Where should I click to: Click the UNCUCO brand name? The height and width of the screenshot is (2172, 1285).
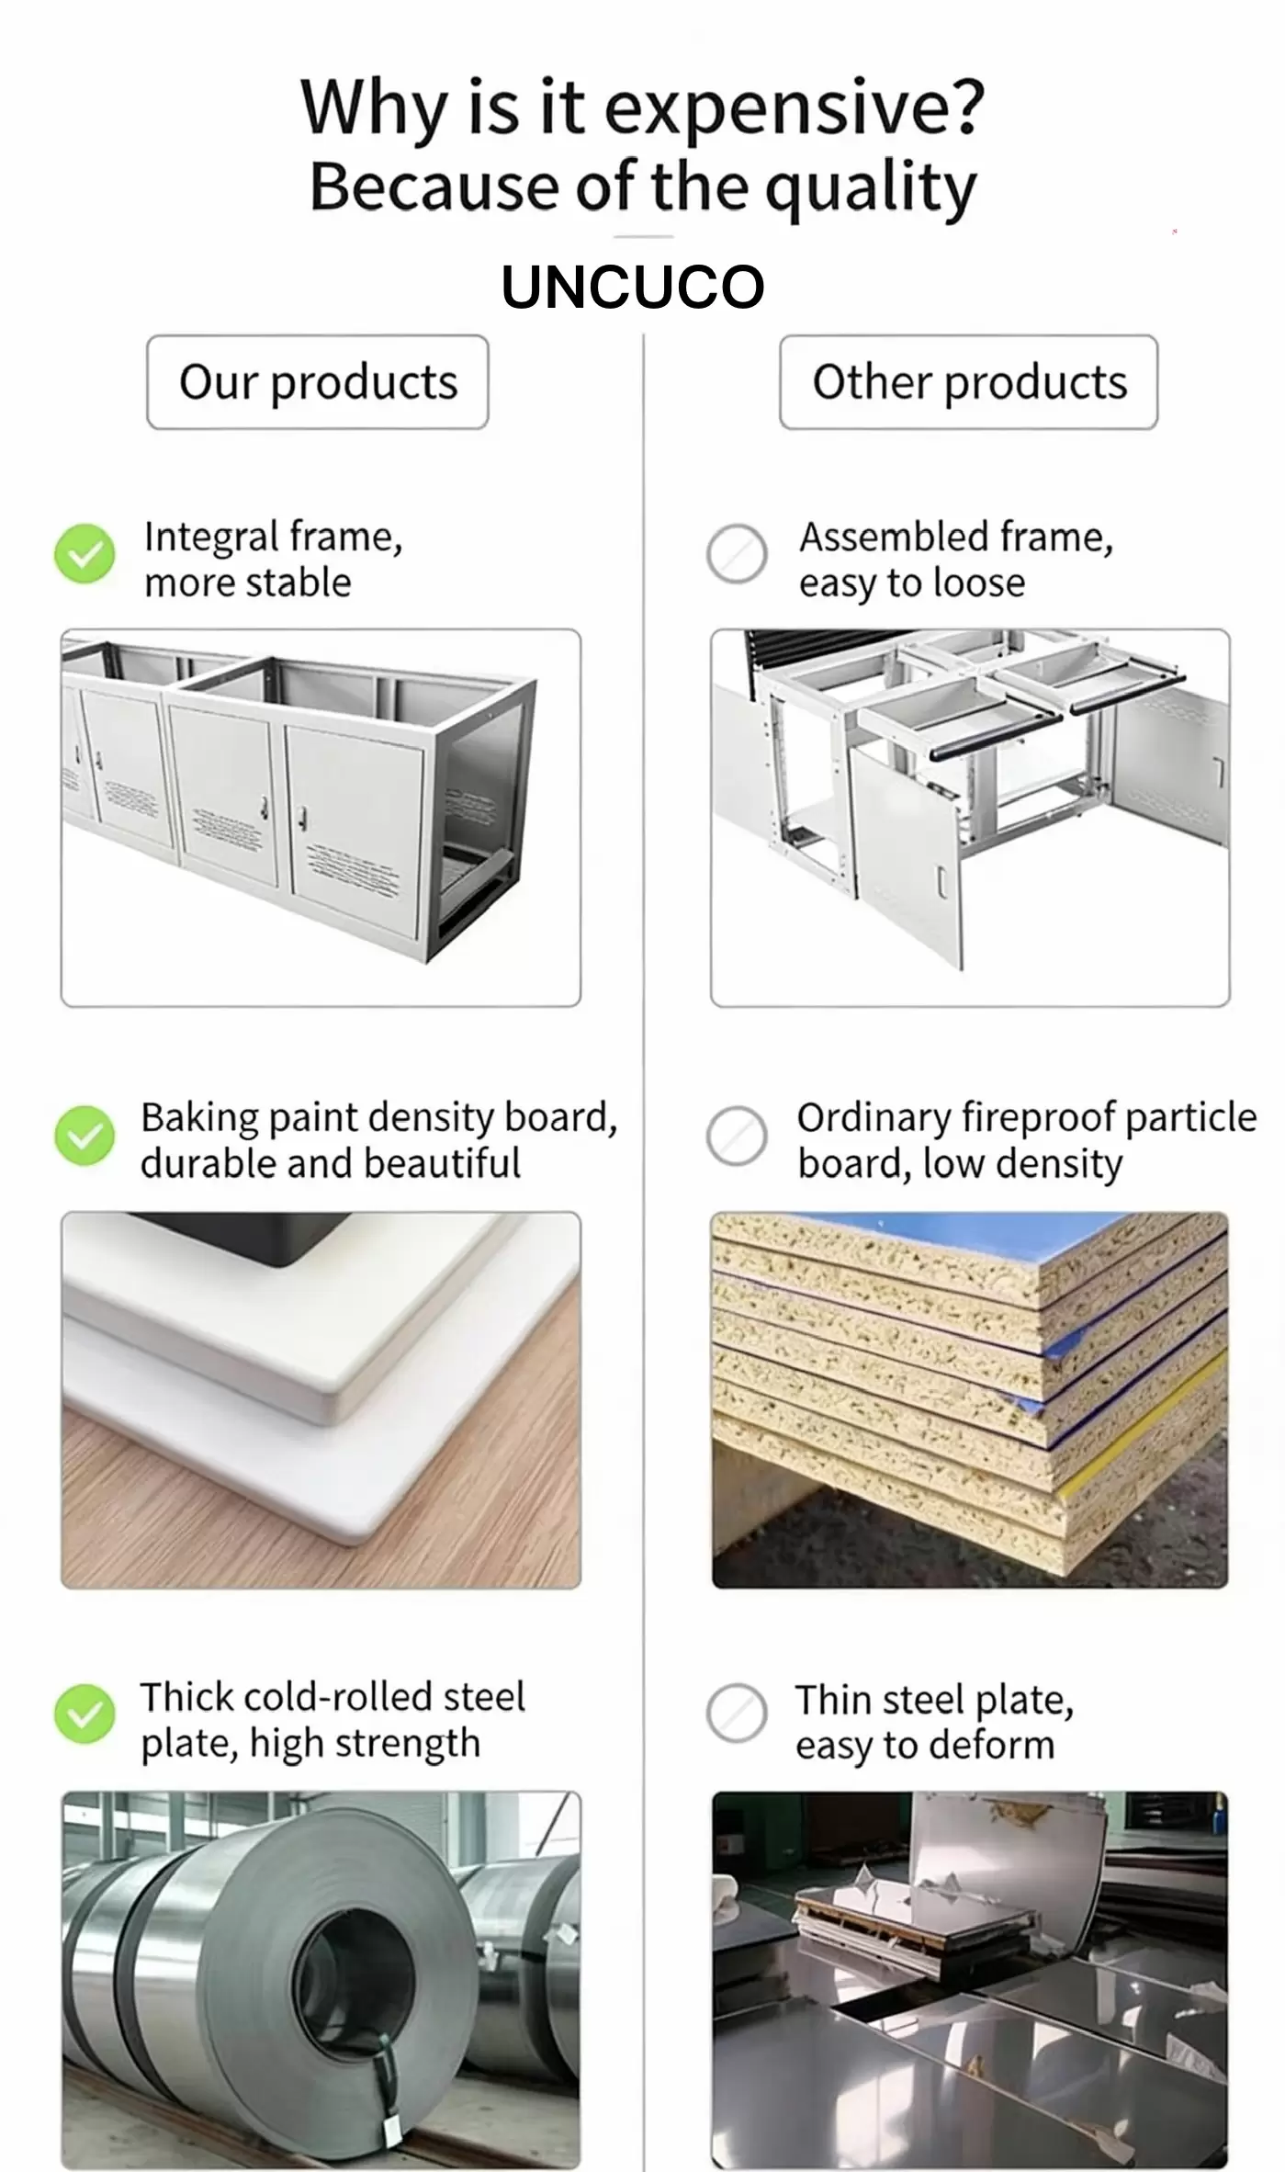[633, 287]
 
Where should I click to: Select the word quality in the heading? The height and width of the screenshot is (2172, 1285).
[870, 188]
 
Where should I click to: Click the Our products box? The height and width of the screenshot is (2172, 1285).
[317, 381]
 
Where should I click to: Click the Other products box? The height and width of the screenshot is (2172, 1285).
[968, 381]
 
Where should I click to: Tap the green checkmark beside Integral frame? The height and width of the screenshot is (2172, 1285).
[85, 554]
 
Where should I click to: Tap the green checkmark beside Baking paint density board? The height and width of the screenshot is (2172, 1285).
[85, 1136]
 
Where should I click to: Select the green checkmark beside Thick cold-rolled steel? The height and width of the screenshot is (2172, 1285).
[85, 1714]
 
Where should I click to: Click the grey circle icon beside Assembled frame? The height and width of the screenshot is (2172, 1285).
[737, 554]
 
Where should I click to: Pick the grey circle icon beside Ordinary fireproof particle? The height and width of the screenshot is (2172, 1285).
[737, 1136]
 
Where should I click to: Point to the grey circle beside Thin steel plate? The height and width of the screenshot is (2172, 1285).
[737, 1714]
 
